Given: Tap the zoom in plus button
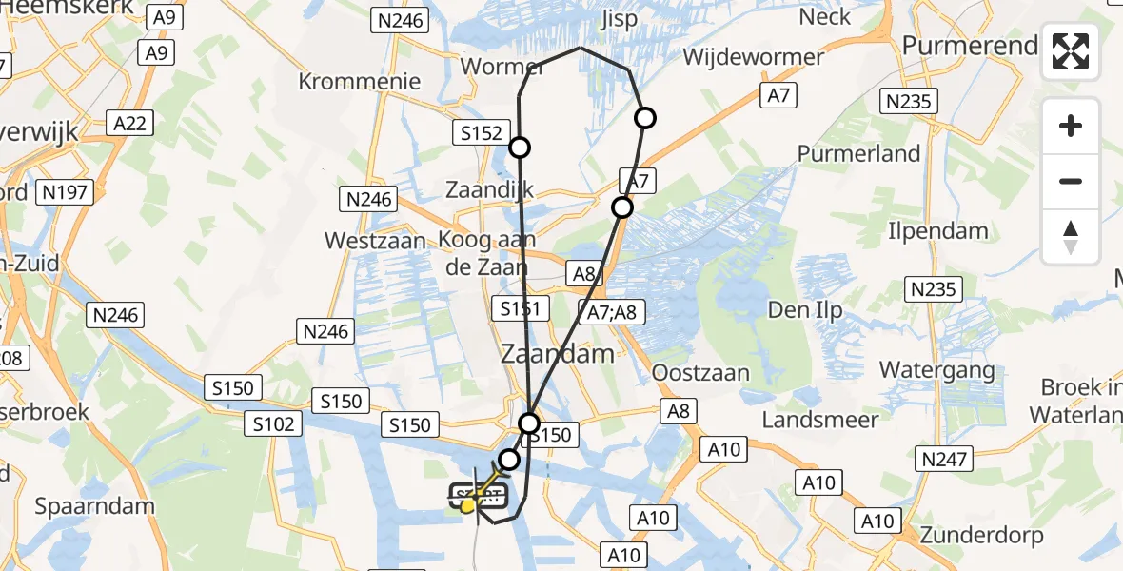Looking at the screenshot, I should tap(1071, 126).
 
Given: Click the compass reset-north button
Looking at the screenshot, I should tap(1071, 237).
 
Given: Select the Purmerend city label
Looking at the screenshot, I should tap(970, 46).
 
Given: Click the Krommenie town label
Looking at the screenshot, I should tap(360, 81).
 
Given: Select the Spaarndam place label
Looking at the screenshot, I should tap(94, 505).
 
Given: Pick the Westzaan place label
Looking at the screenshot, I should tap(375, 241).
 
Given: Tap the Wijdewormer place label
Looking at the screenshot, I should tap(754, 57).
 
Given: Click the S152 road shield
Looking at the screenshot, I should tap(482, 133).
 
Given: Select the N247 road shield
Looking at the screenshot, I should tap(944, 460).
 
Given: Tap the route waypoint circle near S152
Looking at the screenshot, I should tap(520, 147).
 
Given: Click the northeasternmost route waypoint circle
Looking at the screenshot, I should tap(645, 118).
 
